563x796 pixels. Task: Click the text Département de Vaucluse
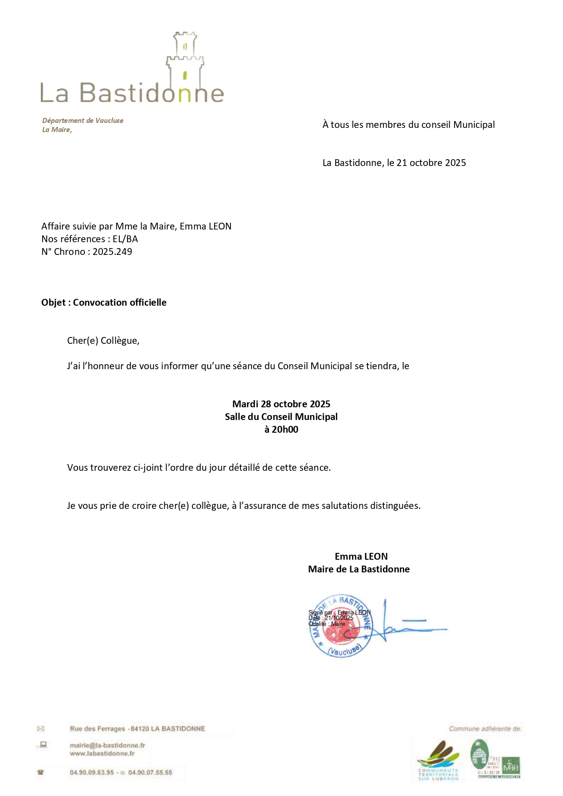point(83,121)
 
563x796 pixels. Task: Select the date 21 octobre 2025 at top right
point(431,163)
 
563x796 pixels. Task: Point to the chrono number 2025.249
point(113,252)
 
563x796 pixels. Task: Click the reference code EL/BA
point(125,239)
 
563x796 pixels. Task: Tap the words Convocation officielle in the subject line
point(120,303)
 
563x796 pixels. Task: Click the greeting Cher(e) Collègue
point(103,341)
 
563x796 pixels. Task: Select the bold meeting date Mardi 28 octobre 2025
point(281,404)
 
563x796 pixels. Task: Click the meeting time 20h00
point(285,430)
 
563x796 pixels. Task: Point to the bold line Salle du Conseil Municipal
point(281,417)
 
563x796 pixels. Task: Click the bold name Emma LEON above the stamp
point(361,557)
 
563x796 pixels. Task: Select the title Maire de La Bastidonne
point(359,569)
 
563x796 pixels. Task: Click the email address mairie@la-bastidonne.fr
point(108,745)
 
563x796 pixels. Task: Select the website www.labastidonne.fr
point(102,753)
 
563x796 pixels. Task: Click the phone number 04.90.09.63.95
point(92,772)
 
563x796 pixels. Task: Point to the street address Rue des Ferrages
point(97,729)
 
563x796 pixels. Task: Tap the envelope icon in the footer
point(41,729)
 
